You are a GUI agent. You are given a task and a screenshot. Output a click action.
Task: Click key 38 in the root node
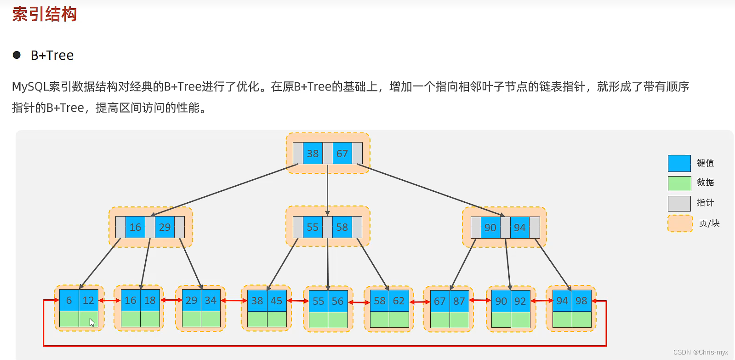(x=313, y=154)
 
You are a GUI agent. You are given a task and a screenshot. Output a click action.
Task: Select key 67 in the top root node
(x=342, y=154)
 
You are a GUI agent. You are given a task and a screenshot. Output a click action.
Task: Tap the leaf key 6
(x=69, y=301)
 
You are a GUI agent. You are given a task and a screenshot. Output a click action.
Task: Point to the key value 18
(x=150, y=301)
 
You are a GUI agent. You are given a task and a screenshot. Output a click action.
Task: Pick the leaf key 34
(x=211, y=301)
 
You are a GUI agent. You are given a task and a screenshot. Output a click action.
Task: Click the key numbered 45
(x=276, y=301)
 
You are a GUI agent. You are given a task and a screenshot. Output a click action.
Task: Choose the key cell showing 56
(x=338, y=302)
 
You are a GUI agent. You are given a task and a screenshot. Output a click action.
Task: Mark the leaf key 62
(x=399, y=301)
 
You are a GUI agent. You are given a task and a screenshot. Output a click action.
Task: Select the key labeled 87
(x=459, y=302)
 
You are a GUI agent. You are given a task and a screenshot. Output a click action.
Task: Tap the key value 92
(x=520, y=302)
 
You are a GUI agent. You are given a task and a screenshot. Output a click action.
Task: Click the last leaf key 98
(x=581, y=301)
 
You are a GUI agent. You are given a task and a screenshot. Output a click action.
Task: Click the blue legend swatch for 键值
(x=679, y=163)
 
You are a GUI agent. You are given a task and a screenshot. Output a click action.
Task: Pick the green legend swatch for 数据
(x=679, y=183)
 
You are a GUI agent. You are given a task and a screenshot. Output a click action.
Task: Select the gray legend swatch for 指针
(x=679, y=203)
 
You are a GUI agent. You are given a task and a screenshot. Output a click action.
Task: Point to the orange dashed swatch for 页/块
(x=679, y=223)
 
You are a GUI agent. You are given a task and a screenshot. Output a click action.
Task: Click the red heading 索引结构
(x=45, y=14)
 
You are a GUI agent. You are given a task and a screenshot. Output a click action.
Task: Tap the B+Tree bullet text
(x=52, y=56)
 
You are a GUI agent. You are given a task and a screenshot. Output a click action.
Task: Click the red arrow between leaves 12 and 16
(x=109, y=301)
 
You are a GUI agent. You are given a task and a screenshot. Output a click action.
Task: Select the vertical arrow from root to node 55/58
(x=328, y=189)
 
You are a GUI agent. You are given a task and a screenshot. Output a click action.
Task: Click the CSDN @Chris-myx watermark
(x=700, y=352)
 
